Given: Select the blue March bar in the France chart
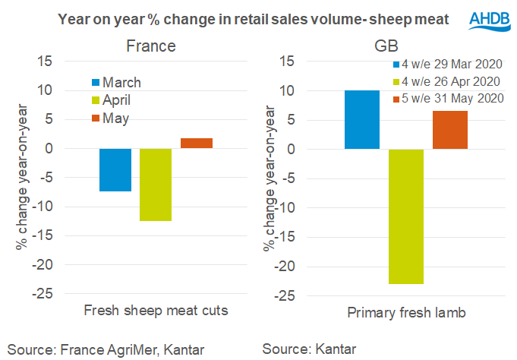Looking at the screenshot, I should click(115, 169).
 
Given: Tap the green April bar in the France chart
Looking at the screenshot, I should click(156, 185).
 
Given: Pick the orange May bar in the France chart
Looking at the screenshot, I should click(197, 143).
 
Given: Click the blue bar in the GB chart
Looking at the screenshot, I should click(362, 119).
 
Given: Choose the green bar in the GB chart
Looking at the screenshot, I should click(406, 216).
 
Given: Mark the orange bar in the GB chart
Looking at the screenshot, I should click(450, 130).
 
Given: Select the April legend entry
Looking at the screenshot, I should click(112, 100).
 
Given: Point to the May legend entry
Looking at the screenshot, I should click(110, 118).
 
